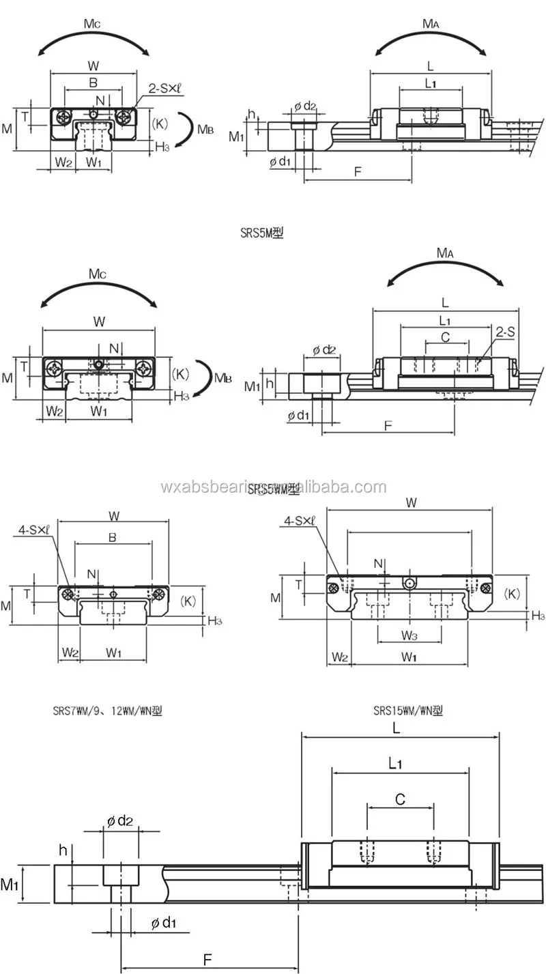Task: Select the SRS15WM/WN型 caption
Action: (407, 711)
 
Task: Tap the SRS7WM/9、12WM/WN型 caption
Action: (107, 711)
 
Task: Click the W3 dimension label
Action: (409, 636)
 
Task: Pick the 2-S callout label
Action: (506, 332)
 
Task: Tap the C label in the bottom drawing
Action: (401, 799)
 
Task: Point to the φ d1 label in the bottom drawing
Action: (163, 923)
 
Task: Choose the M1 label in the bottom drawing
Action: (9, 885)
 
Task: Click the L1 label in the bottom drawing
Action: (395, 763)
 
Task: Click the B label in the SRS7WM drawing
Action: (113, 538)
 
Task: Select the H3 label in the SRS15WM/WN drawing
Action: (538, 616)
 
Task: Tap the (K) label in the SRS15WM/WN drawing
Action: (512, 594)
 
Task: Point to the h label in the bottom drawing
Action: (63, 850)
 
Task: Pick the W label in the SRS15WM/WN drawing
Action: (411, 502)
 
